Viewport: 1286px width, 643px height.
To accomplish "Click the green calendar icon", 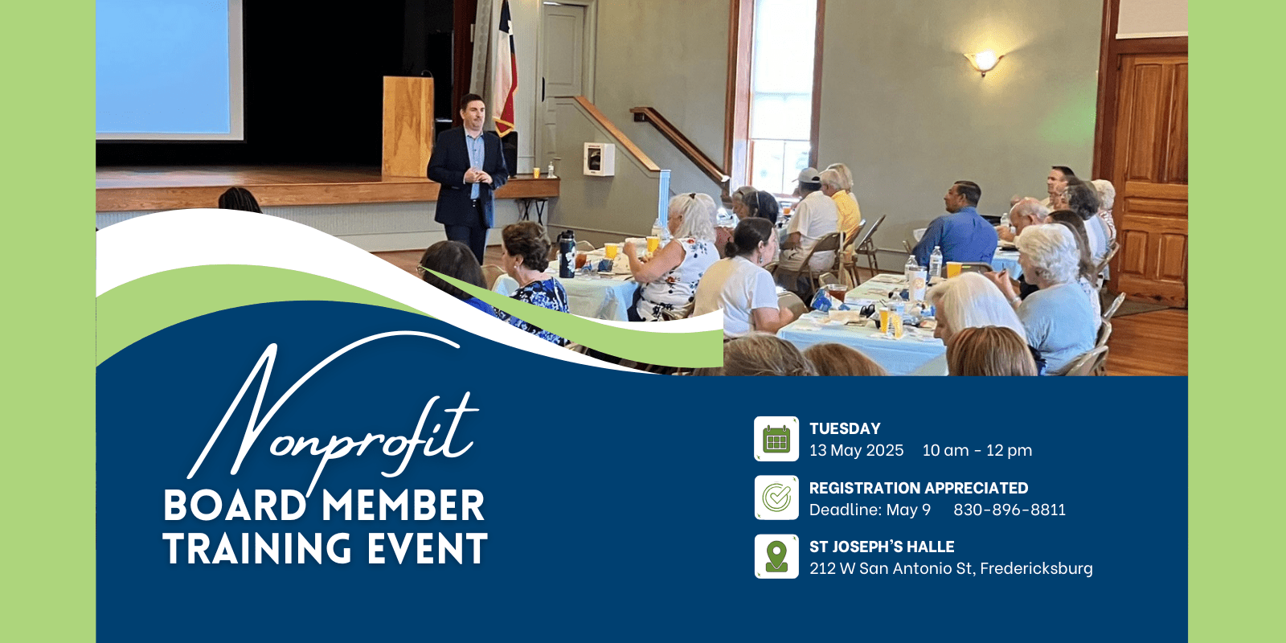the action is point(776,439).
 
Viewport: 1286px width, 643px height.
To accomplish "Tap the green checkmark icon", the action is point(776,498).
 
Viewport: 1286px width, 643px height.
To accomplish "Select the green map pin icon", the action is point(776,556).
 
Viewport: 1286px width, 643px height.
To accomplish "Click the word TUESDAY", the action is point(845,429).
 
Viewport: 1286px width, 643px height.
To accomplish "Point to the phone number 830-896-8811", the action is point(1010,510).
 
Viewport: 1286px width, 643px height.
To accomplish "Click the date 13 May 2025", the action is point(856,450).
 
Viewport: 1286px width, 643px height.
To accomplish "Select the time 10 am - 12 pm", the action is point(977,450).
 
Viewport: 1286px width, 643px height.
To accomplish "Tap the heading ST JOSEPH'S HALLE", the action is point(882,547).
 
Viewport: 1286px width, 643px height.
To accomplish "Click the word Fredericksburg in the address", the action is point(1036,568).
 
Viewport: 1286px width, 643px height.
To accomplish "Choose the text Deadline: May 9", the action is point(870,510).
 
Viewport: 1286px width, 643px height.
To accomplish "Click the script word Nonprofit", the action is point(333,413).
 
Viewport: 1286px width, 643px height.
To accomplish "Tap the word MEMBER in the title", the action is point(403,506).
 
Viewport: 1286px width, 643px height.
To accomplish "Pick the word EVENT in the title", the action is point(427,548).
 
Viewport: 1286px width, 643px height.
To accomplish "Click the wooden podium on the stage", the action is point(408,126).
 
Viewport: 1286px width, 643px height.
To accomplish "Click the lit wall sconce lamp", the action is point(984,61).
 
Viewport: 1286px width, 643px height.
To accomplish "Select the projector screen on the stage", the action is point(170,69).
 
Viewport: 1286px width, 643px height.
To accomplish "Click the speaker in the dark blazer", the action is point(467,178).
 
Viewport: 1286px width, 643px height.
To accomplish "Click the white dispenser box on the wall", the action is point(599,159).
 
